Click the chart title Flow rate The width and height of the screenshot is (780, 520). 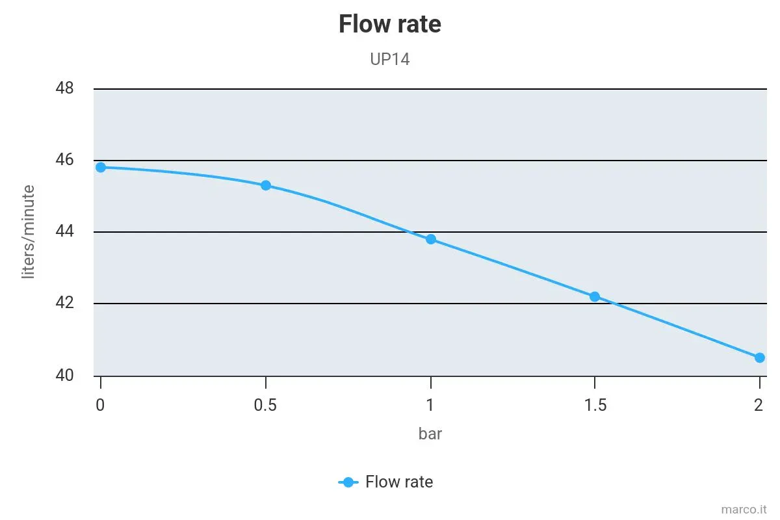click(389, 24)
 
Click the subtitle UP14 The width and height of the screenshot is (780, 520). click(389, 59)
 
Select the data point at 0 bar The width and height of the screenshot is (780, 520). click(101, 168)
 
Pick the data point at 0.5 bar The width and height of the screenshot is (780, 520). click(266, 185)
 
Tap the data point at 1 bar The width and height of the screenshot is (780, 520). click(431, 239)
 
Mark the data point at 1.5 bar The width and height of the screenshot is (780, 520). click(595, 297)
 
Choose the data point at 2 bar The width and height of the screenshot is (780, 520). click(759, 357)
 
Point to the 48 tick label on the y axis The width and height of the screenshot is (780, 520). click(64, 88)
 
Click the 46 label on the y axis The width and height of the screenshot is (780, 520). click(64, 159)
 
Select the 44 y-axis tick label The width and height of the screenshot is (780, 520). click(64, 231)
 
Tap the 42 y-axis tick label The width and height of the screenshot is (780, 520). click(64, 302)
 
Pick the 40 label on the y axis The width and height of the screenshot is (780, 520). click(64, 375)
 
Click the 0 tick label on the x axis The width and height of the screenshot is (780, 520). click(100, 405)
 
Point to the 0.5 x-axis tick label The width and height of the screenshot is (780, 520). click(265, 405)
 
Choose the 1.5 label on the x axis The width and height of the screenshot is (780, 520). click(595, 405)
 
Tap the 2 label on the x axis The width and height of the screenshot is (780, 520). click(759, 405)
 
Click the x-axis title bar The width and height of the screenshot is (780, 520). click(430, 434)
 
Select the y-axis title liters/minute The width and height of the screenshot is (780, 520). click(29, 231)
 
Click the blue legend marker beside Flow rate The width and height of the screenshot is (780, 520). click(348, 482)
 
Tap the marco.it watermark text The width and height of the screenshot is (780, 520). click(744, 510)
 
